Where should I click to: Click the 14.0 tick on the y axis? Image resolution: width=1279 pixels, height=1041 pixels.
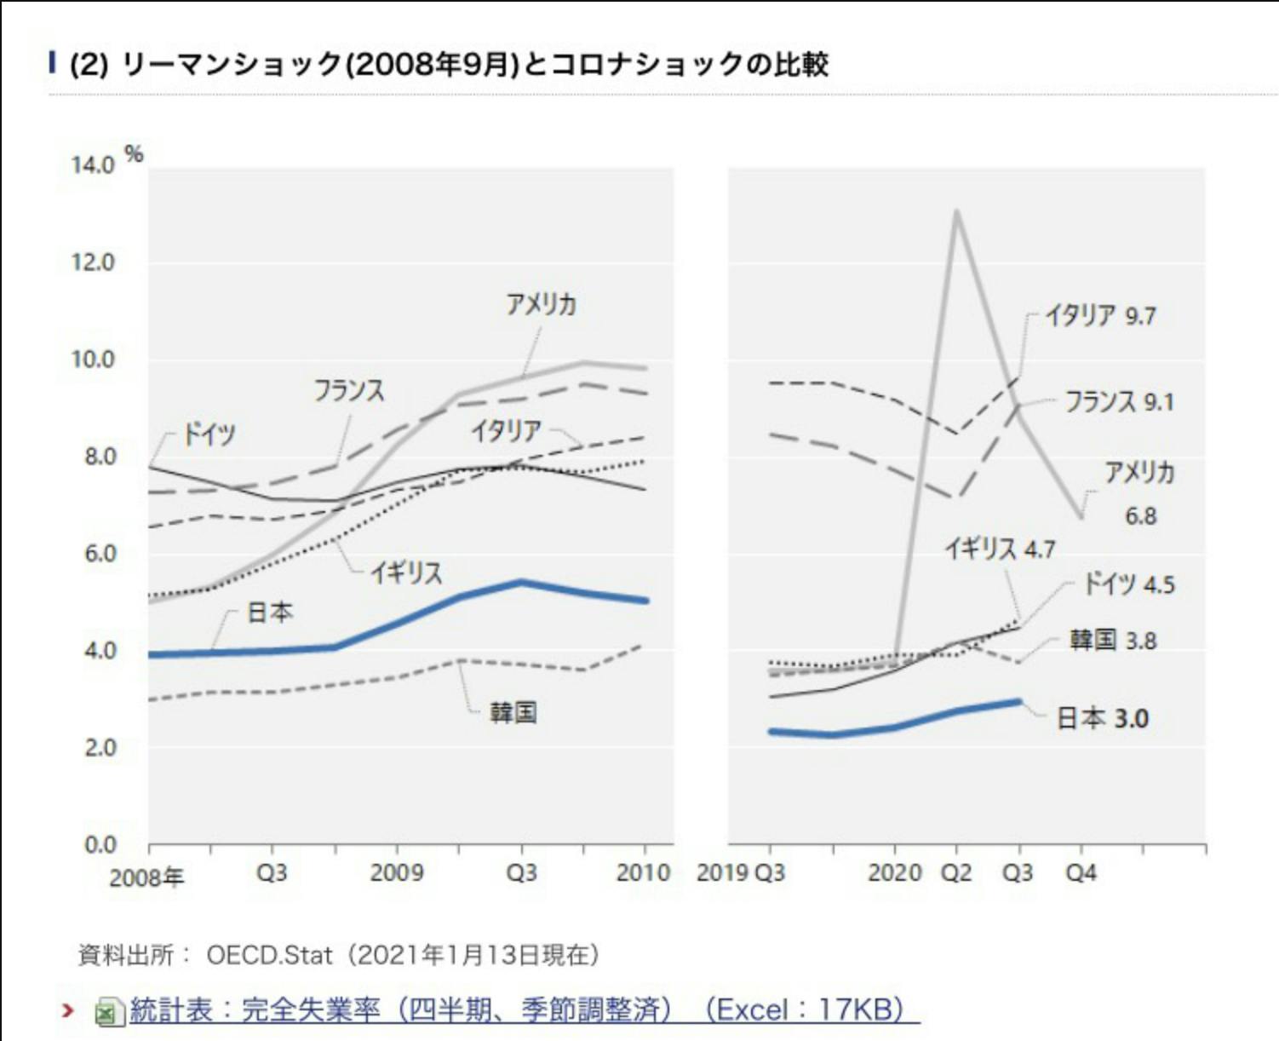click(x=93, y=165)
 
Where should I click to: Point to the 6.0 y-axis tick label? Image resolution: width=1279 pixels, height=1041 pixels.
click(x=99, y=554)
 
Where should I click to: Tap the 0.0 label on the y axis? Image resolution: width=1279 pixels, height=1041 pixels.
click(x=100, y=845)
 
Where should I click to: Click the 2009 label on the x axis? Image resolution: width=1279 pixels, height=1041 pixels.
click(x=397, y=872)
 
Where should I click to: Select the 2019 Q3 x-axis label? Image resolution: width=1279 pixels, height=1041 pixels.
click(x=741, y=873)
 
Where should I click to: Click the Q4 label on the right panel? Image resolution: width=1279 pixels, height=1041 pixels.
click(x=1081, y=873)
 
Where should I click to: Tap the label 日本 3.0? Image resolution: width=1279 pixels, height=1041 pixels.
click(x=1103, y=718)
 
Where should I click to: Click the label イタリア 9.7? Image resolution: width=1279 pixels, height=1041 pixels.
click(x=1100, y=316)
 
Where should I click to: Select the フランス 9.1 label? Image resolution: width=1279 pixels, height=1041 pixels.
click(x=1119, y=401)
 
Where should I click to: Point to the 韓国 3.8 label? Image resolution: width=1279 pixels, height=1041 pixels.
click(x=1113, y=640)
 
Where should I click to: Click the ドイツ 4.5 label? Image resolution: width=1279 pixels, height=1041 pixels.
click(x=1128, y=584)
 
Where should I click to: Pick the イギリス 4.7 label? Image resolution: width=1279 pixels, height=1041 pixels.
click(x=1001, y=549)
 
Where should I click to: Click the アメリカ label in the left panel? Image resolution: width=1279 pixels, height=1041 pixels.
click(x=542, y=304)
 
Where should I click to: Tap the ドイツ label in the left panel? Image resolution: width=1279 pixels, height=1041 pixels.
click(x=209, y=434)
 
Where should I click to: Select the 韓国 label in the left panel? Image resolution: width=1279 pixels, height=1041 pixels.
click(x=513, y=712)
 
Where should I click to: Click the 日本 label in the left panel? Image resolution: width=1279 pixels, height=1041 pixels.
click(x=270, y=612)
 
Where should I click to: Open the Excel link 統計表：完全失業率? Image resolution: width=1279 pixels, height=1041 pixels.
click(x=524, y=1010)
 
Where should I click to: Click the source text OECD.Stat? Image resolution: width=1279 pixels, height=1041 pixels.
click(x=269, y=955)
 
